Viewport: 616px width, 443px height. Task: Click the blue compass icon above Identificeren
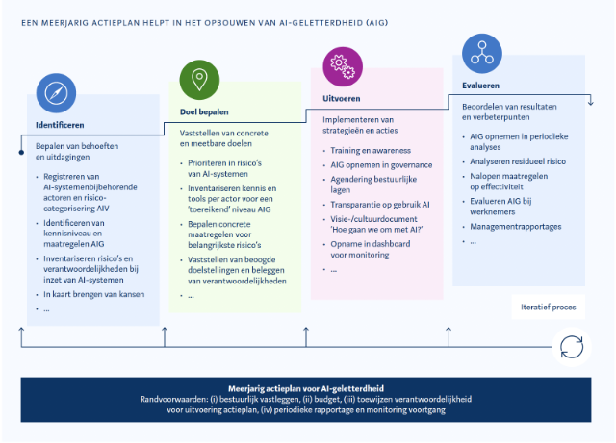coord(56,93)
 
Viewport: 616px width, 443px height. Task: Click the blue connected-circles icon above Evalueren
coord(482,54)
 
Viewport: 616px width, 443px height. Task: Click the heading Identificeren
coord(60,125)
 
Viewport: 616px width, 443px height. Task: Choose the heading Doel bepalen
coord(204,111)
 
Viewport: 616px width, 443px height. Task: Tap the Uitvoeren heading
coord(342,99)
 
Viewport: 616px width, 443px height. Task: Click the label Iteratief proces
coord(549,308)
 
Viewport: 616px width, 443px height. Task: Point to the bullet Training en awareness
coord(371,151)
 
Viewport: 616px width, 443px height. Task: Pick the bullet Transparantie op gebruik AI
coord(379,204)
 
